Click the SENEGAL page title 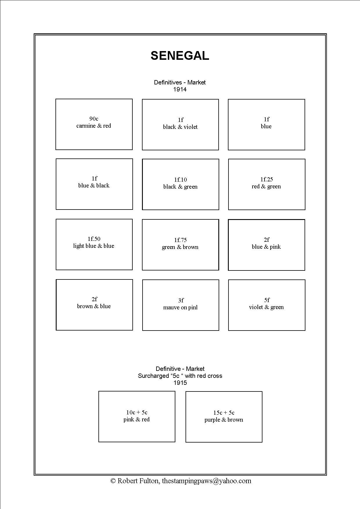(x=180, y=56)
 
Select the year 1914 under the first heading (x=180, y=89)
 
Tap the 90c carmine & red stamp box (x=94, y=124)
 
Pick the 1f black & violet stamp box (x=180, y=125)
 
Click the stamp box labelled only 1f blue (x=267, y=125)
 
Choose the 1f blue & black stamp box (x=94, y=184)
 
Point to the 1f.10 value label (x=181, y=180)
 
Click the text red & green (x=266, y=187)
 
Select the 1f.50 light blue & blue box (x=94, y=244)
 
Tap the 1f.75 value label (x=181, y=240)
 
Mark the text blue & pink (x=266, y=247)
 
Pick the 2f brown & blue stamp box (x=94, y=305)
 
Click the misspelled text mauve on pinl (x=180, y=308)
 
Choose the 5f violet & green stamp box (x=267, y=305)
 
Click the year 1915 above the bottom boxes (x=180, y=383)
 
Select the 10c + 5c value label (x=137, y=412)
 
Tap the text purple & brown (x=224, y=420)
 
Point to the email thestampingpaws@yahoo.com (x=206, y=481)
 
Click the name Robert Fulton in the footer (x=138, y=481)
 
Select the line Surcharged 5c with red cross (x=180, y=376)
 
